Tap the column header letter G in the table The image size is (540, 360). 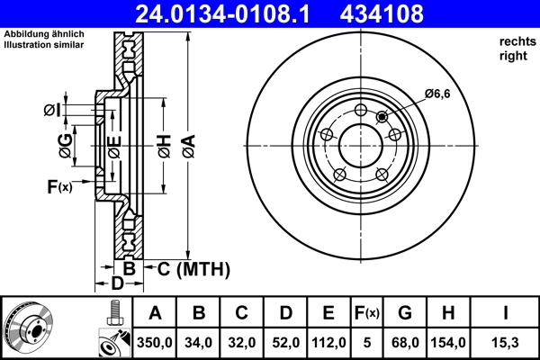pos(405,313)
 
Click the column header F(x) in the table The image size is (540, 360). pos(368,313)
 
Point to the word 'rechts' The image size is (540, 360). pos(516,42)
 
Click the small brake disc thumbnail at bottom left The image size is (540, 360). pos(27,328)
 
